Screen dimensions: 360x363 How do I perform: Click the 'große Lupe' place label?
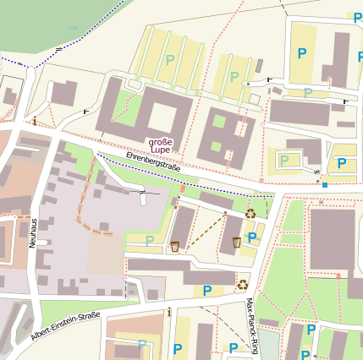pyautogui.click(x=161, y=147)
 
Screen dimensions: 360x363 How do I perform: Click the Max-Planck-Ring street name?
pyautogui.click(x=250, y=314)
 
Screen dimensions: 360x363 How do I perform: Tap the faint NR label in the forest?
pyautogui.click(x=73, y=29)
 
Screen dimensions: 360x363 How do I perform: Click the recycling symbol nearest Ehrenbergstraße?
pyautogui.click(x=251, y=213)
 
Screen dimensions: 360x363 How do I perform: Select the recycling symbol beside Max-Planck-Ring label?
pyautogui.click(x=243, y=285)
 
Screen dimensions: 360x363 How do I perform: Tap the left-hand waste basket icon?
pyautogui.click(x=174, y=246)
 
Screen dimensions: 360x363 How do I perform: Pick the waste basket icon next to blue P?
pyautogui.click(x=236, y=243)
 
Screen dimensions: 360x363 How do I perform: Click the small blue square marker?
pyautogui.click(x=325, y=183)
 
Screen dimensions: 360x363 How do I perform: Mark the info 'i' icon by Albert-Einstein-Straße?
pyautogui.click(x=169, y=313)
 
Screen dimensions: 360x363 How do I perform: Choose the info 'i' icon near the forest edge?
pyautogui.click(x=34, y=122)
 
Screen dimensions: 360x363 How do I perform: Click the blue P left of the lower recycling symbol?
pyautogui.click(x=207, y=292)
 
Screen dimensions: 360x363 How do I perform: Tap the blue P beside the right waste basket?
pyautogui.click(x=252, y=237)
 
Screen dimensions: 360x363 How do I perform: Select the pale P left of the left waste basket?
pyautogui.click(x=150, y=241)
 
